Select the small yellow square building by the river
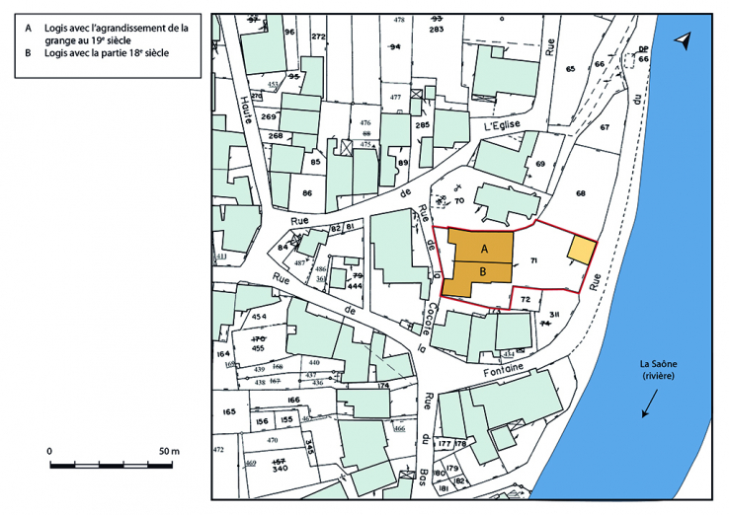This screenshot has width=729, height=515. pyautogui.click(x=582, y=251)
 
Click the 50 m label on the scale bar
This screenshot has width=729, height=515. pyautogui.click(x=169, y=451)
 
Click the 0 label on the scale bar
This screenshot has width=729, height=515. pyautogui.click(x=49, y=451)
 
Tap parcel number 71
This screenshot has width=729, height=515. pyautogui.click(x=533, y=260)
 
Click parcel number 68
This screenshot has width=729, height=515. pyautogui.click(x=581, y=192)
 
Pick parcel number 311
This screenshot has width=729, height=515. pyautogui.click(x=554, y=314)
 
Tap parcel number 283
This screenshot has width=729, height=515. pyautogui.click(x=437, y=30)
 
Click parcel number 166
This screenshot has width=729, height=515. pyautogui.click(x=292, y=400)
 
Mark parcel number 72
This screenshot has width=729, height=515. pyautogui.click(x=526, y=298)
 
